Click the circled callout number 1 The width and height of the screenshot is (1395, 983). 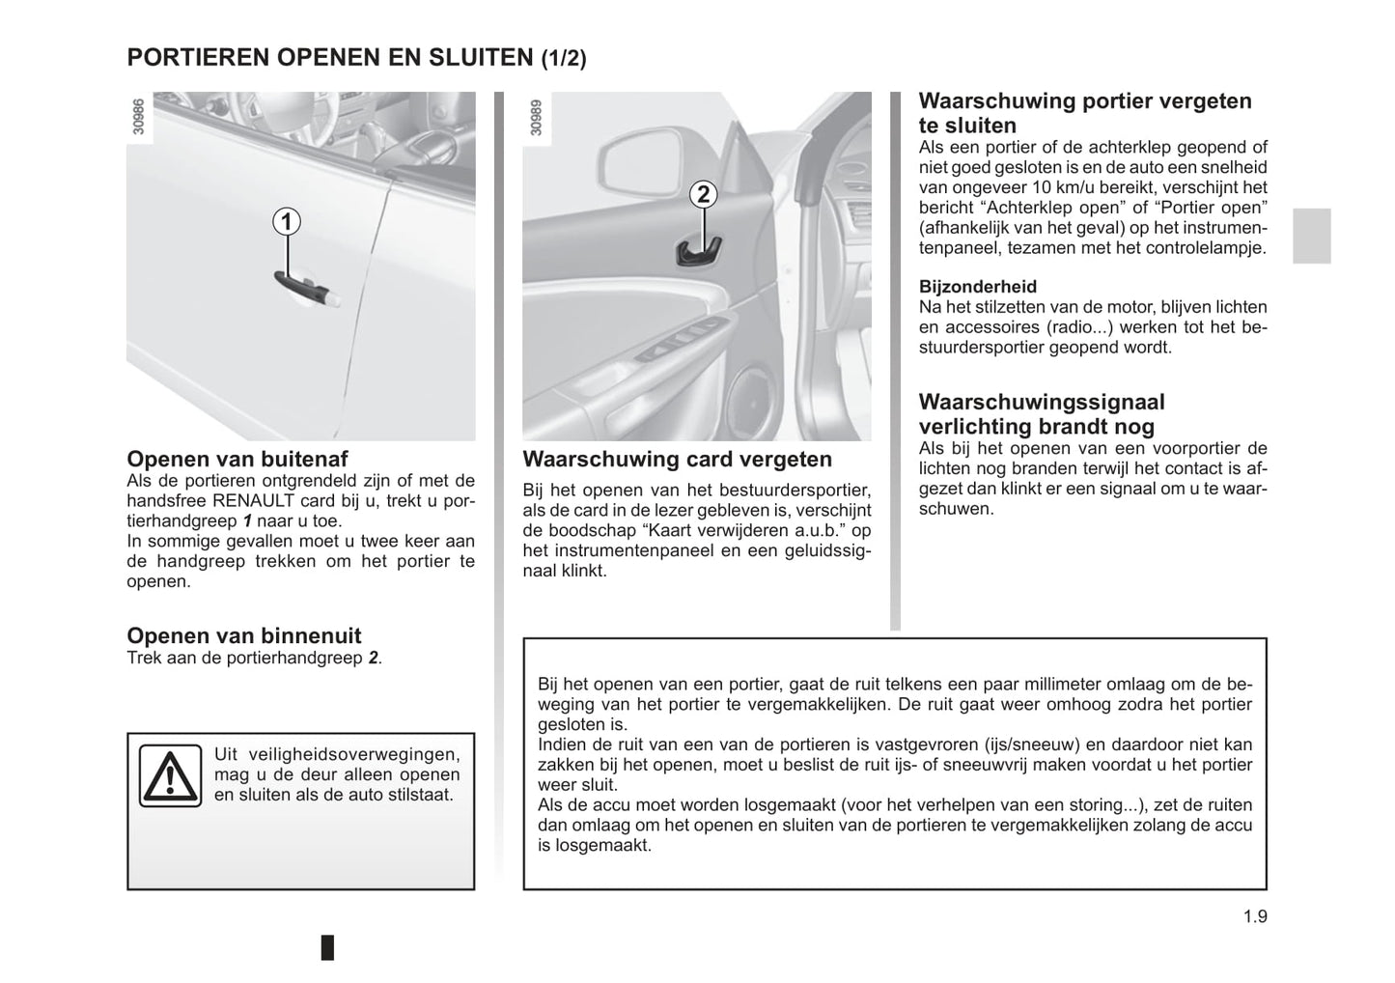click(x=286, y=222)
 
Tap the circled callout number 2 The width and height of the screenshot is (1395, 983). click(x=703, y=194)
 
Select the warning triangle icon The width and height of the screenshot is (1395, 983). click(x=169, y=775)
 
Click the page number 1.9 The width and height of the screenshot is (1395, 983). click(x=1255, y=916)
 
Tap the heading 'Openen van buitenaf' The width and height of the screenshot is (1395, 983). click(x=237, y=459)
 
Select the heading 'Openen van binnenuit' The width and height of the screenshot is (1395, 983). click(x=244, y=635)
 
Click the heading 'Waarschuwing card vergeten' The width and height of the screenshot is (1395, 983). click(x=677, y=459)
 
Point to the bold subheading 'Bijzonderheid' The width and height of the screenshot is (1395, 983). click(x=977, y=287)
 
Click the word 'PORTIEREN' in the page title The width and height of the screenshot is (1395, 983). click(x=199, y=57)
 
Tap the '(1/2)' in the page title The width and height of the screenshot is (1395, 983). click(x=563, y=58)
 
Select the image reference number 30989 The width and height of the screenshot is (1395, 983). click(x=536, y=117)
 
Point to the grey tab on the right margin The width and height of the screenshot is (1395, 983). click(x=1311, y=236)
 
